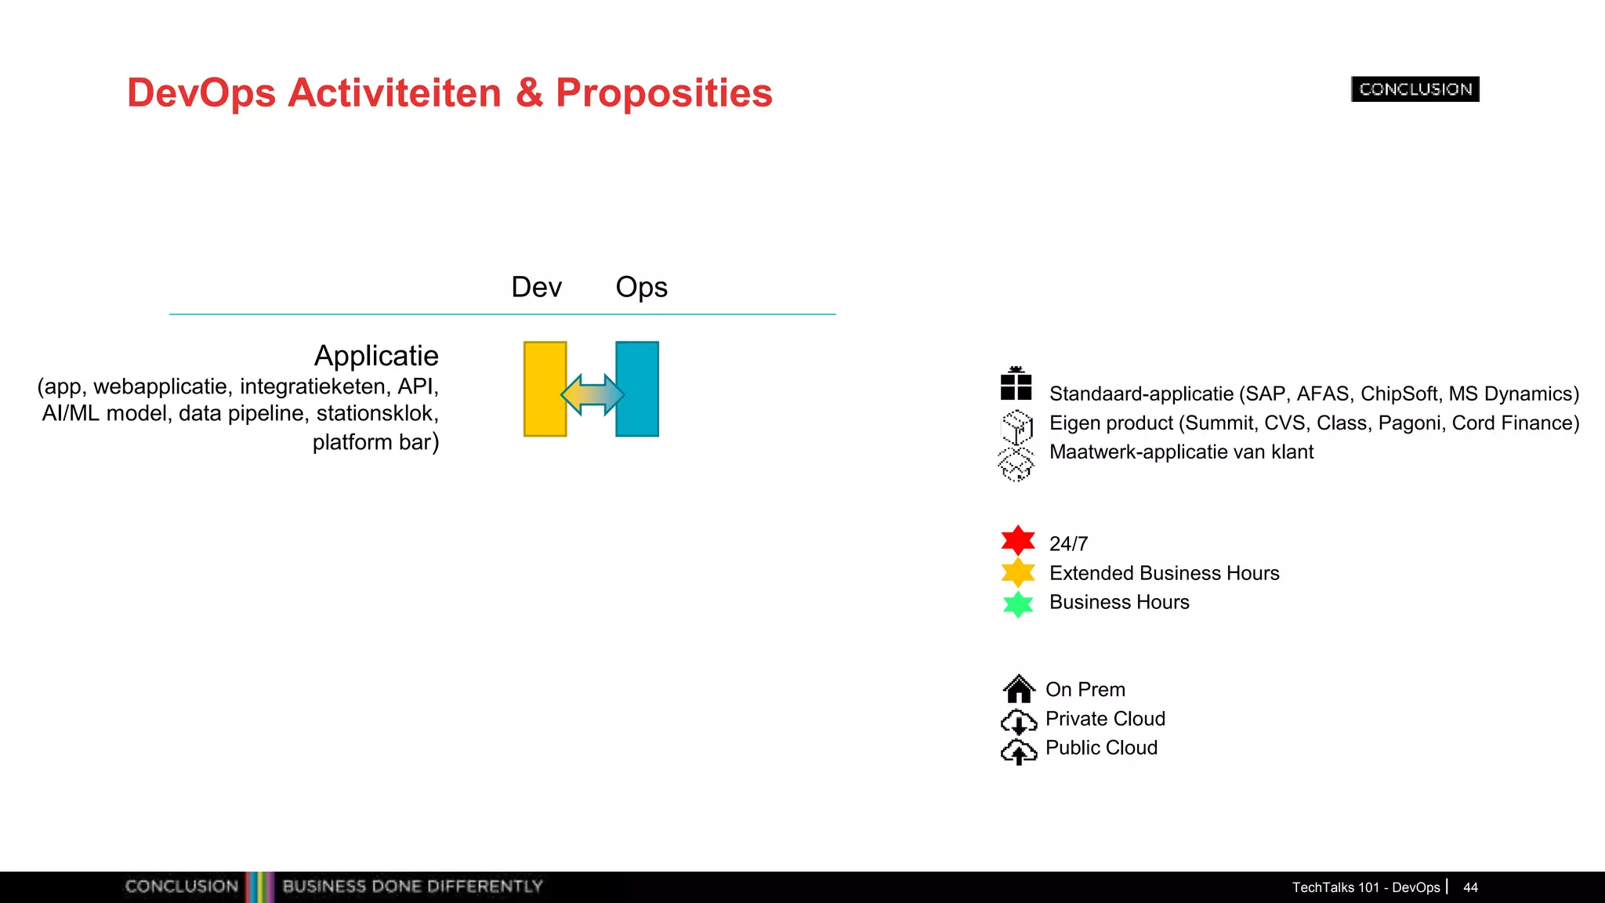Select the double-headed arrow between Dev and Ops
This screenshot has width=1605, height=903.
tap(592, 394)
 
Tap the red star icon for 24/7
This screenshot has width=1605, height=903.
tap(1018, 541)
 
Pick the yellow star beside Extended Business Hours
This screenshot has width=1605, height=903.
tap(1018, 572)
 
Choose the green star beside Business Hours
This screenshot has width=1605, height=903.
tap(1018, 604)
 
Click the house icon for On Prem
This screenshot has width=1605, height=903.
tap(1018, 689)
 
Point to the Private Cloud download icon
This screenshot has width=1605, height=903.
tap(1018, 720)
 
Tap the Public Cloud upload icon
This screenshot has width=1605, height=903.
tap(1018, 751)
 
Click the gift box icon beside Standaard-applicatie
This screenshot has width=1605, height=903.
tap(1016, 384)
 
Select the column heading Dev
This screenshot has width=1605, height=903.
tap(536, 287)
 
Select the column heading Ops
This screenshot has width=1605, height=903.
tap(641, 288)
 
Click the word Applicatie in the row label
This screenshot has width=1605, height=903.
tap(376, 356)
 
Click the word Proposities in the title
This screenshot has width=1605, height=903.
tap(664, 92)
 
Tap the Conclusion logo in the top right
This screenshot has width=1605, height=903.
tap(1415, 89)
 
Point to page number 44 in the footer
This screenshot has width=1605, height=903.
tap(1470, 887)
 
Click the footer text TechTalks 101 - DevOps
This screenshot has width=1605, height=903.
tap(1365, 887)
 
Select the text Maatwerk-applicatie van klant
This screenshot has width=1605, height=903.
tap(1181, 452)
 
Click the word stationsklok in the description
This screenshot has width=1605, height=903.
tap(375, 413)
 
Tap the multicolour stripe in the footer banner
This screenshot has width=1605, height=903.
tap(260, 887)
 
